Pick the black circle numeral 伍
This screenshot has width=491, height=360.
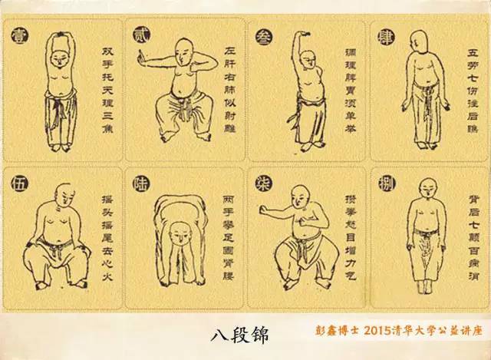(x=16, y=183)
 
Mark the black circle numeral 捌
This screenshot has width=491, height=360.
(x=384, y=183)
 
